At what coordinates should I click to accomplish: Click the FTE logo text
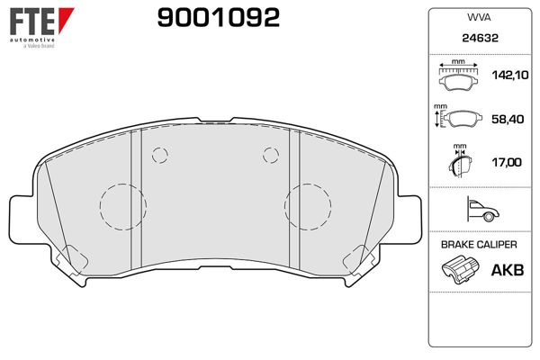point(29,20)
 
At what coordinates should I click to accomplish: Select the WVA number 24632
point(476,39)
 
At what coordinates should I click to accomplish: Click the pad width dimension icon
point(459,77)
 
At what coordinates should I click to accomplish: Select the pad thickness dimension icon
point(459,162)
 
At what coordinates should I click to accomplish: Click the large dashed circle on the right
point(307,207)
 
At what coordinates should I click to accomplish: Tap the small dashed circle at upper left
point(160,154)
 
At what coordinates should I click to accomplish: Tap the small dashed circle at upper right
point(270,154)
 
